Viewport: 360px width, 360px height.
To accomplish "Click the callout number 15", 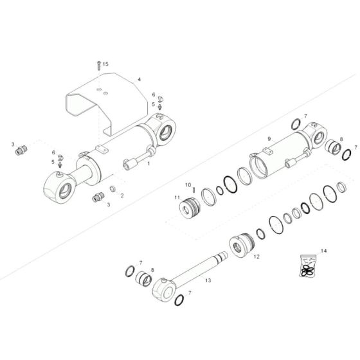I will point(106,65).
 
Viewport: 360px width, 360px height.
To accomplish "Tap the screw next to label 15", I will point(98,65).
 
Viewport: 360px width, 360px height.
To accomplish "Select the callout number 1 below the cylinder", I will point(148,164).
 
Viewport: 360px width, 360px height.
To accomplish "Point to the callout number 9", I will point(270,138).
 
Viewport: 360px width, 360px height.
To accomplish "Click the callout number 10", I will point(188,185).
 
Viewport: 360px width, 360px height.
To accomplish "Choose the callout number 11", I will point(177,197).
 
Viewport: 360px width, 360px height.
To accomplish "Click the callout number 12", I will point(256,256).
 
